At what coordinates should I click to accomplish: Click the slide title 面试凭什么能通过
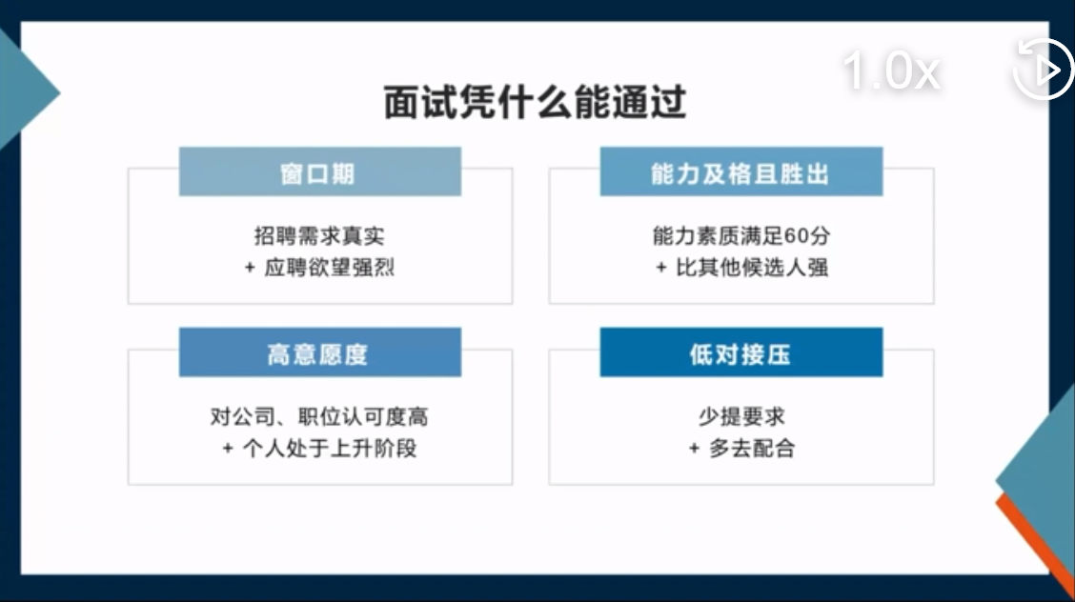pyautogui.click(x=535, y=102)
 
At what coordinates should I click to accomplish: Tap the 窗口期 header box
pyautogui.click(x=320, y=171)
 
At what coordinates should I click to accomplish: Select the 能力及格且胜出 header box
pyautogui.click(x=741, y=171)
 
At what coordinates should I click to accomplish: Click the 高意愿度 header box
pyautogui.click(x=320, y=352)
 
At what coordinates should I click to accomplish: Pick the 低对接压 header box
pyautogui.click(x=741, y=352)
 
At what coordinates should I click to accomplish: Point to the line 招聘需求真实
pyautogui.click(x=319, y=235)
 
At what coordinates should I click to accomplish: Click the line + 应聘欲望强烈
pyautogui.click(x=319, y=267)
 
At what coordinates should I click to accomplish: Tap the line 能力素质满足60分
pyautogui.click(x=741, y=235)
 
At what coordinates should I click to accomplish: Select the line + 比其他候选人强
pyautogui.click(x=741, y=267)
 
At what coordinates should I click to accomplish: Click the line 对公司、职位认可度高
pyautogui.click(x=319, y=416)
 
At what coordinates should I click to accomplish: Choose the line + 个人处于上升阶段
pyautogui.click(x=319, y=448)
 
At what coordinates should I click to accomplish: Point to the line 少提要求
pyautogui.click(x=741, y=416)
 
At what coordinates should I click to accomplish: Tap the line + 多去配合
pyautogui.click(x=741, y=448)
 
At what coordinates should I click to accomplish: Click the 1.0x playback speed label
pyautogui.click(x=891, y=70)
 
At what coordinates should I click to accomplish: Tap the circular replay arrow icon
pyautogui.click(x=1043, y=70)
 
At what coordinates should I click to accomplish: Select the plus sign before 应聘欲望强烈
pyautogui.click(x=250, y=268)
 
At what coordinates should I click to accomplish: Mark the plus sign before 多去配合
pyautogui.click(x=694, y=449)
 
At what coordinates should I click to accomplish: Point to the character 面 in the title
pyautogui.click(x=401, y=102)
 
